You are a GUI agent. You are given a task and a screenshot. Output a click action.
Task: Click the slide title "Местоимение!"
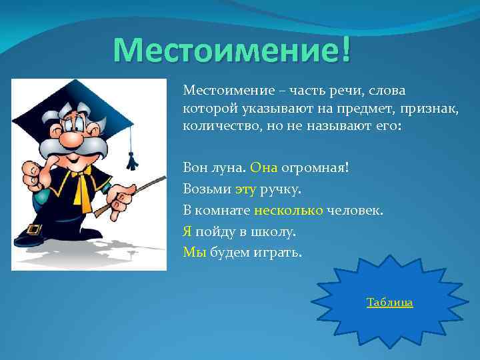231,51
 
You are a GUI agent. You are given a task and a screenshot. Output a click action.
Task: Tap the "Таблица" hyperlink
389,303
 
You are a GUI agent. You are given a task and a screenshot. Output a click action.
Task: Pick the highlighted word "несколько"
288,211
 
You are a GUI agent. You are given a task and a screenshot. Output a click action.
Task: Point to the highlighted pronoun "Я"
187,231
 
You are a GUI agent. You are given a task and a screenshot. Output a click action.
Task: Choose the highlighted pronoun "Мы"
195,253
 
